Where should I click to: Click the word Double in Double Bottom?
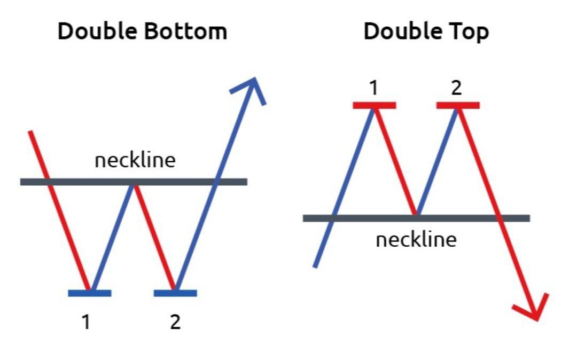pos(94,32)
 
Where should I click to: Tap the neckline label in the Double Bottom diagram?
pos(135,160)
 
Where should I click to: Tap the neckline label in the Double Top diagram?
pos(416,240)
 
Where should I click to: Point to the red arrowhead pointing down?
pos(532,310)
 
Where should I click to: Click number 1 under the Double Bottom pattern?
pos(85,322)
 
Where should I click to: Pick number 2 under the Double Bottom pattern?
pos(175,322)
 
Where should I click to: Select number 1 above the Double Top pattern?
pos(374,88)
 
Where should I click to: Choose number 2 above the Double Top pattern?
pos(456,88)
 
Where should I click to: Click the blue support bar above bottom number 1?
pos(90,293)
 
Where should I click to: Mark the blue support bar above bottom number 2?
pos(175,293)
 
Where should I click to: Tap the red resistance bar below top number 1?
pos(375,105)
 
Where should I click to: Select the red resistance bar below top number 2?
pos(458,105)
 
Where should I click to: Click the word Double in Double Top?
pos(400,32)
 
